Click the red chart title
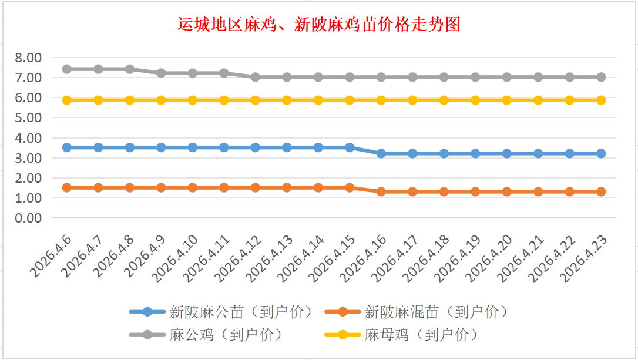[319, 25]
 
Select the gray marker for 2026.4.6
[67, 69]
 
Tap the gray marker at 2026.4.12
[256, 77]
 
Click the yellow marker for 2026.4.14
[318, 100]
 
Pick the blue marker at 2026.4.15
[350, 147]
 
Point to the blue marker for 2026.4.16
[381, 153]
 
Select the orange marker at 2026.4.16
[381, 191]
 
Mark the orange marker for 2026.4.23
[601, 191]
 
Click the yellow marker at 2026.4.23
[601, 100]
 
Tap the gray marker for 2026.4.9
[161, 73]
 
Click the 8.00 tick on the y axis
[28, 58]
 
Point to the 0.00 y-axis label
[28, 218]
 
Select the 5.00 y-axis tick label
[28, 117]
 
